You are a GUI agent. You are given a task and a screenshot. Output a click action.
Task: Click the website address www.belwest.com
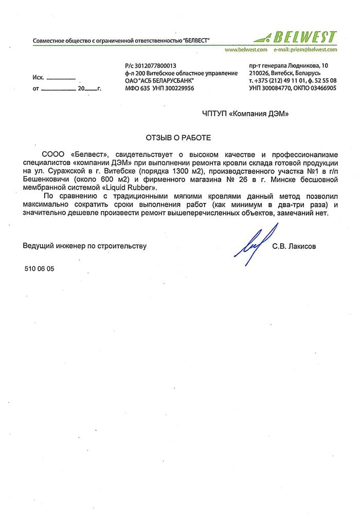click(x=246, y=50)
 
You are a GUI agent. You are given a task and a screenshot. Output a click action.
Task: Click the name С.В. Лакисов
click(x=294, y=246)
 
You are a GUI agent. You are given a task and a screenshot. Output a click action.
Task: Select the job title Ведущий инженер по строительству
click(x=84, y=246)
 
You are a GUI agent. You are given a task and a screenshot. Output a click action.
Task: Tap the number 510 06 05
click(x=39, y=269)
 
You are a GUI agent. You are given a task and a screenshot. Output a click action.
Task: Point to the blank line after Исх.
click(x=61, y=78)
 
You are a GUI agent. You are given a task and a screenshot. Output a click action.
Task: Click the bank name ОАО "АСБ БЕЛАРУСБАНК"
click(x=159, y=81)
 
